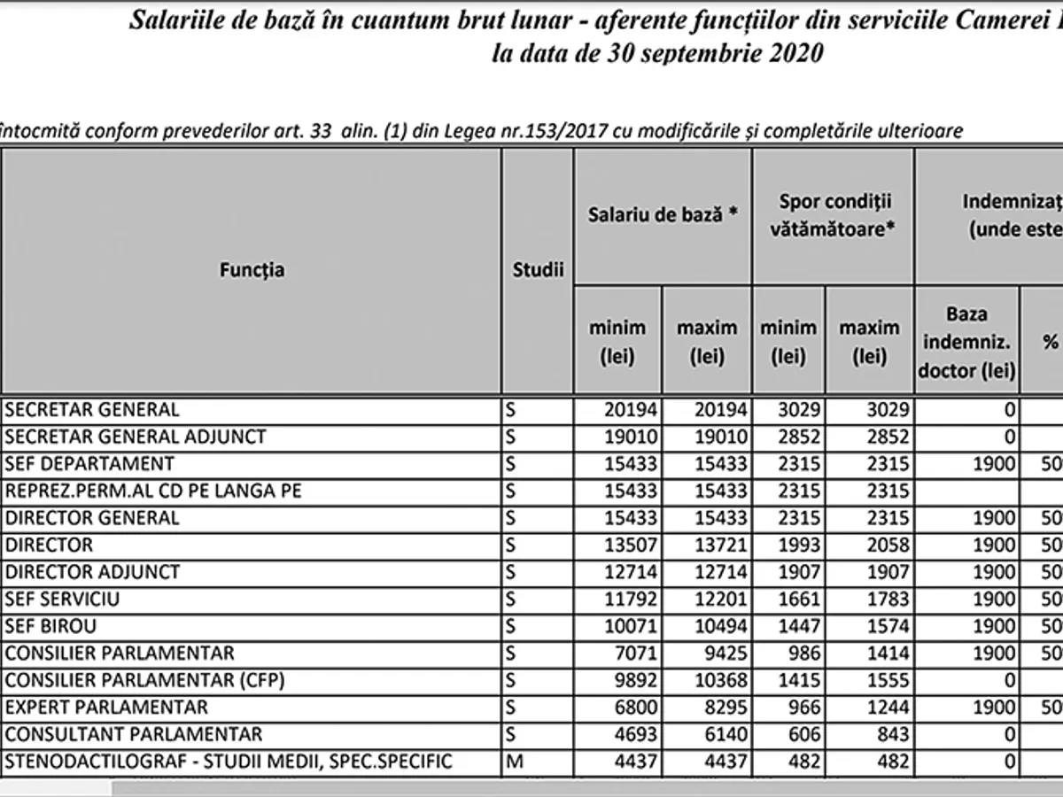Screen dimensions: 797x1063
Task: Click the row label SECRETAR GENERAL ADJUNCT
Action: click(x=135, y=437)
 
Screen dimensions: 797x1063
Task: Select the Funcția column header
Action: click(x=252, y=270)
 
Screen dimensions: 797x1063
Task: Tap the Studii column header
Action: click(x=538, y=270)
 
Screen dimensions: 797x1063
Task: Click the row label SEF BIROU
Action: click(x=50, y=627)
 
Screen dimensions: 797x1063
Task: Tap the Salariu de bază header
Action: click(x=663, y=215)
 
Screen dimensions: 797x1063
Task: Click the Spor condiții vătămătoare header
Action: click(x=833, y=215)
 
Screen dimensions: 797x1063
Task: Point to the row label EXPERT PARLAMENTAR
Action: click(x=106, y=708)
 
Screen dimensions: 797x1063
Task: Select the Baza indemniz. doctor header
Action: click(x=966, y=341)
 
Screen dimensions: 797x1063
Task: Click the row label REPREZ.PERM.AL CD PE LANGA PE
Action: click(x=152, y=491)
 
